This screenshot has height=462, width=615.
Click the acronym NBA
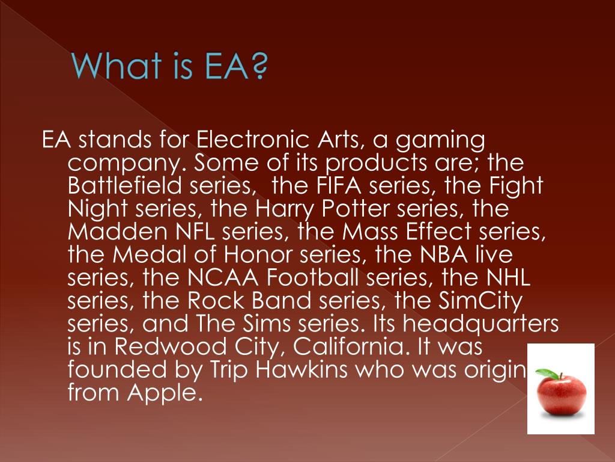tap(451, 254)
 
